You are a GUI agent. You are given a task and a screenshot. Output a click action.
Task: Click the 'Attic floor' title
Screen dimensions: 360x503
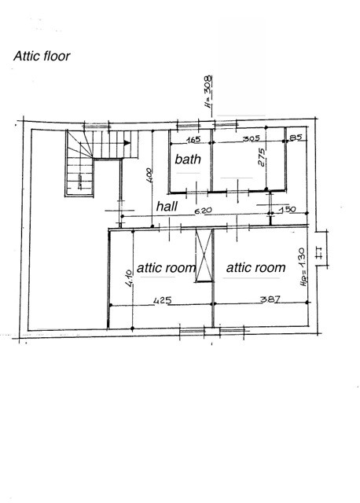point(42,56)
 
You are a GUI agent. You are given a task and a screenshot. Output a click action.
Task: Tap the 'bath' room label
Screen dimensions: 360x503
point(188,159)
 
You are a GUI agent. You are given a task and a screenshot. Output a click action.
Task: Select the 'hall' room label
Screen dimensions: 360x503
point(167,206)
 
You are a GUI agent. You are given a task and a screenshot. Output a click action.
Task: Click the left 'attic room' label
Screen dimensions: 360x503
point(166,267)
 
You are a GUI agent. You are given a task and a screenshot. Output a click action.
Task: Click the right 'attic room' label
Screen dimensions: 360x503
point(255,267)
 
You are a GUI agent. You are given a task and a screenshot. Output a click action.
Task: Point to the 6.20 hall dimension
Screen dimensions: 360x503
point(204,211)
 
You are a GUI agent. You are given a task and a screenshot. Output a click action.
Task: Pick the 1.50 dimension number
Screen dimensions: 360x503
point(288,210)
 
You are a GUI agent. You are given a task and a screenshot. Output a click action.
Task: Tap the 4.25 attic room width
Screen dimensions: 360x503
point(163,300)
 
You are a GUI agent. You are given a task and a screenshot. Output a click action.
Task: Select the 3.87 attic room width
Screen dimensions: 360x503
point(270,299)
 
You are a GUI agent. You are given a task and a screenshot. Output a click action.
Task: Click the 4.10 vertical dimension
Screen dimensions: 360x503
point(129,278)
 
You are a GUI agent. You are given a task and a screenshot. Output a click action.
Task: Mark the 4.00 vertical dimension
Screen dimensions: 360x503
point(149,175)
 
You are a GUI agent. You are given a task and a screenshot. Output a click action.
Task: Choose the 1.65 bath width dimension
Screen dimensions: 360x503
point(193,140)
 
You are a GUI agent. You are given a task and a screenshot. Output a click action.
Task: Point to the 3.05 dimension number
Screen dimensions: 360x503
point(252,138)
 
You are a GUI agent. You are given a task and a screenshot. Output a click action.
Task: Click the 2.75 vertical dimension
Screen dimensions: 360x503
point(262,157)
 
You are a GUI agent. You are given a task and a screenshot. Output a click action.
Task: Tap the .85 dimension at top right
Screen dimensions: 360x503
point(296,138)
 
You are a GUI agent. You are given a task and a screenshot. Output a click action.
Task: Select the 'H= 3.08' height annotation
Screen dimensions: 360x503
point(208,91)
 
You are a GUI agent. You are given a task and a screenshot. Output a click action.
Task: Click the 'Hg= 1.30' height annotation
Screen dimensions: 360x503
point(303,267)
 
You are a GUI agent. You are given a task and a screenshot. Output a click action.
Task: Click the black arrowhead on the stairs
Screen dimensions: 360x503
point(127,143)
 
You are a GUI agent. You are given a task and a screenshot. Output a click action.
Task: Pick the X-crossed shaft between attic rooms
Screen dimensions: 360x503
point(204,255)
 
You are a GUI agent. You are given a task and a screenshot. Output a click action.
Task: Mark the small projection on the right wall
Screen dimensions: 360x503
point(321,248)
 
